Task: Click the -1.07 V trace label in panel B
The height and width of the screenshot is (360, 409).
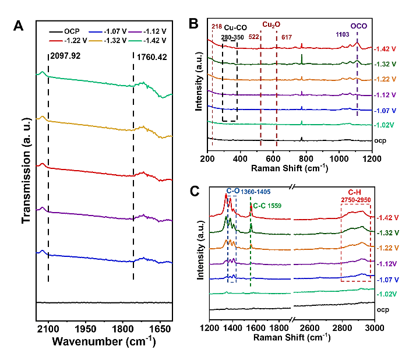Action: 387,110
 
